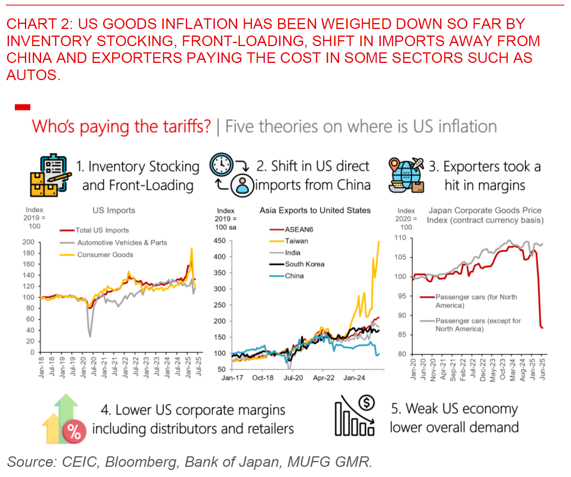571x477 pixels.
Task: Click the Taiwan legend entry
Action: [296, 241]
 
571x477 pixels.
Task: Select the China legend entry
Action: [294, 276]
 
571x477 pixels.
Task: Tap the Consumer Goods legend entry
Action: [105, 255]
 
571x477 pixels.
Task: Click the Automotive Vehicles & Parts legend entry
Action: [122, 243]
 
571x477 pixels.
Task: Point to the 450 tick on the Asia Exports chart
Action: [219, 241]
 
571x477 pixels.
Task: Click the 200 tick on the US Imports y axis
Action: [28, 242]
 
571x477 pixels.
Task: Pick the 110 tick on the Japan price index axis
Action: [400, 238]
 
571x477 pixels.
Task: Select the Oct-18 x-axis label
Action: [262, 378]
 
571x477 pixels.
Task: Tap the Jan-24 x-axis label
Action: [354, 378]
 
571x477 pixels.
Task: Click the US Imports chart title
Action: [114, 211]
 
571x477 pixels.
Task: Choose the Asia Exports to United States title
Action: [315, 211]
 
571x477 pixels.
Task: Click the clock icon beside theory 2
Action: [221, 165]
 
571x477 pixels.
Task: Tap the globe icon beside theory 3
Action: [406, 176]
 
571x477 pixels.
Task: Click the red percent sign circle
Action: [74, 432]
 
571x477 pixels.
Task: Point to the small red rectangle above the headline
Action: [23, 107]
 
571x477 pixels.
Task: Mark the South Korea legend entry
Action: [304, 264]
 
